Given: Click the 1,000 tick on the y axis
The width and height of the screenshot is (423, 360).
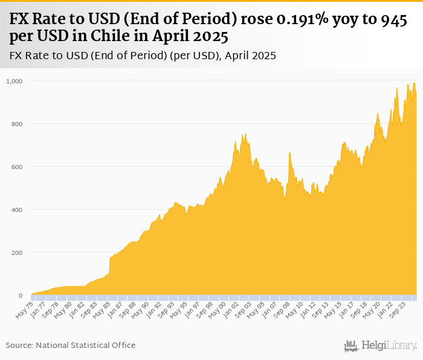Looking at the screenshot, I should click(13, 81).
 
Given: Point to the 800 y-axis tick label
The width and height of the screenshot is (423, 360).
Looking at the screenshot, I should click(16, 124).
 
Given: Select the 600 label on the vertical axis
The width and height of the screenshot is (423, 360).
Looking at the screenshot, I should click(16, 167).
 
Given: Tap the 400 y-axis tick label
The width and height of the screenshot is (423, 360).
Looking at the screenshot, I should click(16, 210).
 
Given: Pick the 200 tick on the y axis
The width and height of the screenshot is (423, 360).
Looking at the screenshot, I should click(16, 252).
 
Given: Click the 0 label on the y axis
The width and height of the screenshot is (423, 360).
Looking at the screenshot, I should click(19, 295).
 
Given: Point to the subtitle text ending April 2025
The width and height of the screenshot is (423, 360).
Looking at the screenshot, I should click(143, 56).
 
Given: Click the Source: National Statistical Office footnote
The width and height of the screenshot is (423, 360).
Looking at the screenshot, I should click(71, 345).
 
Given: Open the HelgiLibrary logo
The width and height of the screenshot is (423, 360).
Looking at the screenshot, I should click(381, 346).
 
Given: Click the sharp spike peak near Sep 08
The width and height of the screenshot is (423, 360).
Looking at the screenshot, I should click(289, 153).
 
